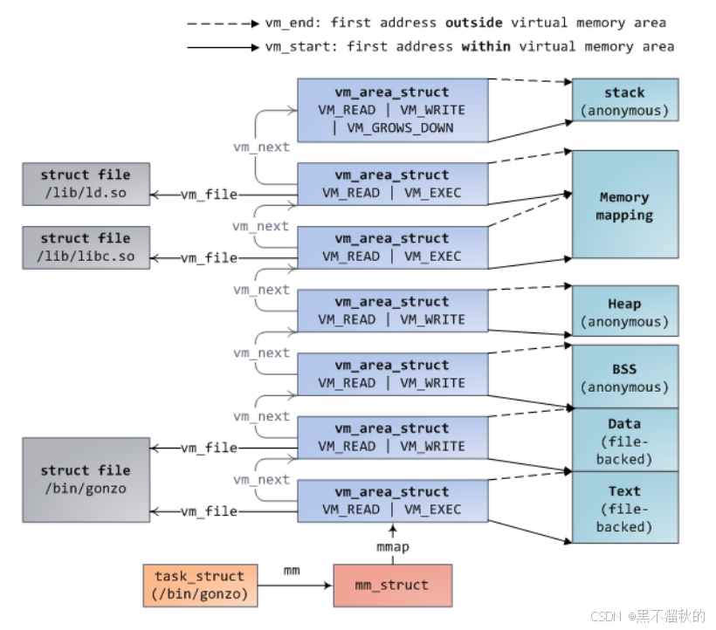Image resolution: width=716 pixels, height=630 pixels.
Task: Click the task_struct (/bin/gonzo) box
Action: point(200,585)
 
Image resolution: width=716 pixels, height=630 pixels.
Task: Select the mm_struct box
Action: point(393,585)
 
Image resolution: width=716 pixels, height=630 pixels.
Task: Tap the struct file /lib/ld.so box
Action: point(86,184)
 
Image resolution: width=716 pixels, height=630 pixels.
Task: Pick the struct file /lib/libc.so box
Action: point(86,247)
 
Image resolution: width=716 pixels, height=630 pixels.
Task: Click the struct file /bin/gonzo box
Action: point(86,479)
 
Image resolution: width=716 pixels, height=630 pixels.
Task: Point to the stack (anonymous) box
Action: point(625,99)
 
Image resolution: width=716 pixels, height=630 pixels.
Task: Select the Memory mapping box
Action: point(625,204)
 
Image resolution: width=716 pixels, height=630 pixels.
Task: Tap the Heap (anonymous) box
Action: point(625,312)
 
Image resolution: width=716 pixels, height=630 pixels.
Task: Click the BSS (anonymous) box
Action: point(625,377)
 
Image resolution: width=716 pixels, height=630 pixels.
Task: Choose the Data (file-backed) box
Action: point(625,441)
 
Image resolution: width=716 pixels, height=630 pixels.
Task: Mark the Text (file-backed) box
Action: point(625,507)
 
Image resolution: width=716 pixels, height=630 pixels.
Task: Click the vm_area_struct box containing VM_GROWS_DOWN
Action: point(393,111)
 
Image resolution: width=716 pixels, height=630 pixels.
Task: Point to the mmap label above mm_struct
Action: point(393,546)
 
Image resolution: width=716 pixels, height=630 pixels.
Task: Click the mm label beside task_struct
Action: point(292,571)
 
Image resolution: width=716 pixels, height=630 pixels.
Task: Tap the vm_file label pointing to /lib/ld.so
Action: point(210,195)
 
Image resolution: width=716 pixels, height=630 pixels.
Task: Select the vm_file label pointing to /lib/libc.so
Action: point(210,258)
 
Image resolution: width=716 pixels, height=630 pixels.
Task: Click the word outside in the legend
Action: point(474,23)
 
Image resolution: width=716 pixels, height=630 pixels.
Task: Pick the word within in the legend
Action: point(485,46)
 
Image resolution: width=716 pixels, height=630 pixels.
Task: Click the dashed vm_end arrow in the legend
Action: point(224,24)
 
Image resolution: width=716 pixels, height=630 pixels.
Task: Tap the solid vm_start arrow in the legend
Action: point(224,47)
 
